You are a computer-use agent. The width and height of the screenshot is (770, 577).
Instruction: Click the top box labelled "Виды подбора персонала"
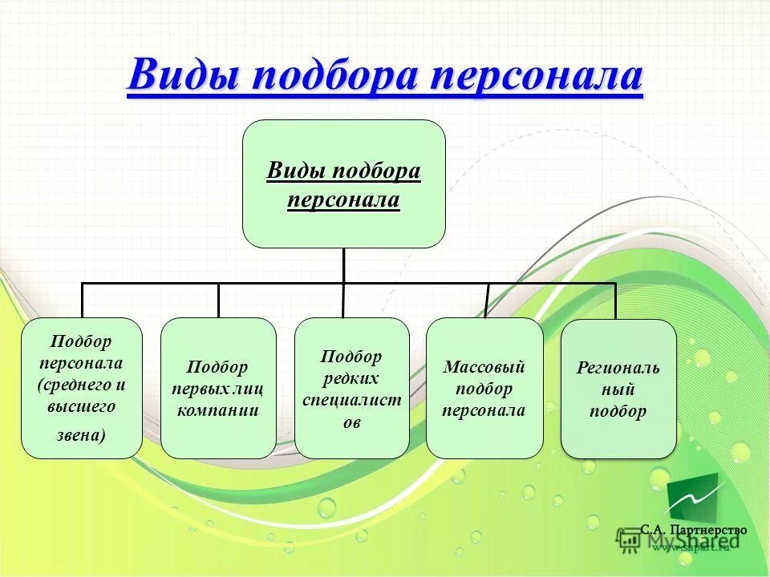[x=343, y=184]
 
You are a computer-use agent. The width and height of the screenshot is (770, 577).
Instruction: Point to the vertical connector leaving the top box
[x=343, y=265]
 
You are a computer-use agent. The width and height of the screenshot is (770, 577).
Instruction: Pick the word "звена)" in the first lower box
[x=80, y=435]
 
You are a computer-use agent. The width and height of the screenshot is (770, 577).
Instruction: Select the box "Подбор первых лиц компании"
[x=218, y=388]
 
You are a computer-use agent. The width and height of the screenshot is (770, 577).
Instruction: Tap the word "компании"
[x=218, y=410]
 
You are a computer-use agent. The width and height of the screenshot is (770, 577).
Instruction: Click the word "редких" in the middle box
[x=351, y=377]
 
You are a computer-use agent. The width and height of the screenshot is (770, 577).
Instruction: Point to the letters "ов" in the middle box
[x=351, y=421]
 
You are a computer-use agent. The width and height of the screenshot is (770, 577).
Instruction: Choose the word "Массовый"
[x=484, y=367]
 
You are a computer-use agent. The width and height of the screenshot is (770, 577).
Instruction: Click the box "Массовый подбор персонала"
[x=484, y=388]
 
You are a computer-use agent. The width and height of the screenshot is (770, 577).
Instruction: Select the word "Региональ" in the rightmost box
[x=618, y=368]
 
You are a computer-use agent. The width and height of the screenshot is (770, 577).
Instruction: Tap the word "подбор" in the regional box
[x=618, y=411]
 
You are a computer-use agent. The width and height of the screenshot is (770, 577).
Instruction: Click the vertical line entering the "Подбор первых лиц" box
[x=218, y=301]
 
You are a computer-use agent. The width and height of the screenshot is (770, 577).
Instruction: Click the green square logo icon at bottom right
[x=691, y=498]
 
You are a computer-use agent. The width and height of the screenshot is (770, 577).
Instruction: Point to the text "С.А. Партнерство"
[x=693, y=530]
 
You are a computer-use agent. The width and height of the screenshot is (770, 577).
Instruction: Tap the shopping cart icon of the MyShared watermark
[x=630, y=541]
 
